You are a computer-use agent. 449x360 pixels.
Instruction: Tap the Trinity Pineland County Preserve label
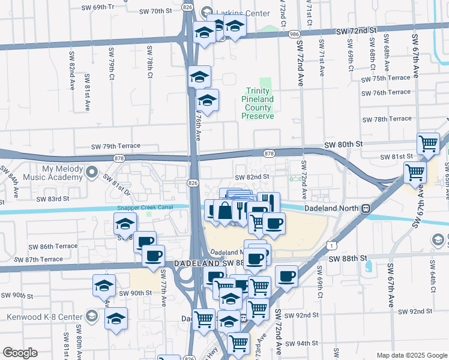coord(258,103)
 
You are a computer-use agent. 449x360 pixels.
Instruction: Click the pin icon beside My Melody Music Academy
coord(91,173)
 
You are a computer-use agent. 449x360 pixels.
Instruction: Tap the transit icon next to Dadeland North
coord(364,208)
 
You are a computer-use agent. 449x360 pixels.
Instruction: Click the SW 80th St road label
coord(344,145)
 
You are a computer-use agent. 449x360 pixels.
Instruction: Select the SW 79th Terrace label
coord(115,146)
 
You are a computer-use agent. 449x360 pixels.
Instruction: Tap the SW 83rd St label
coord(53,198)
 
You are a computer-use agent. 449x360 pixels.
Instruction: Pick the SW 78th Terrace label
coord(388,119)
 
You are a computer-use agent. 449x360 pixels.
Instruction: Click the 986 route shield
coord(294,35)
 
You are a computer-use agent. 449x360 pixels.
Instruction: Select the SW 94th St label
coord(301,344)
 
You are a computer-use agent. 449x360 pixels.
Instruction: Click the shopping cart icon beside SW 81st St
coord(428,143)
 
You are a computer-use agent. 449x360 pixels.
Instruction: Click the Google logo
coord(20,353)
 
